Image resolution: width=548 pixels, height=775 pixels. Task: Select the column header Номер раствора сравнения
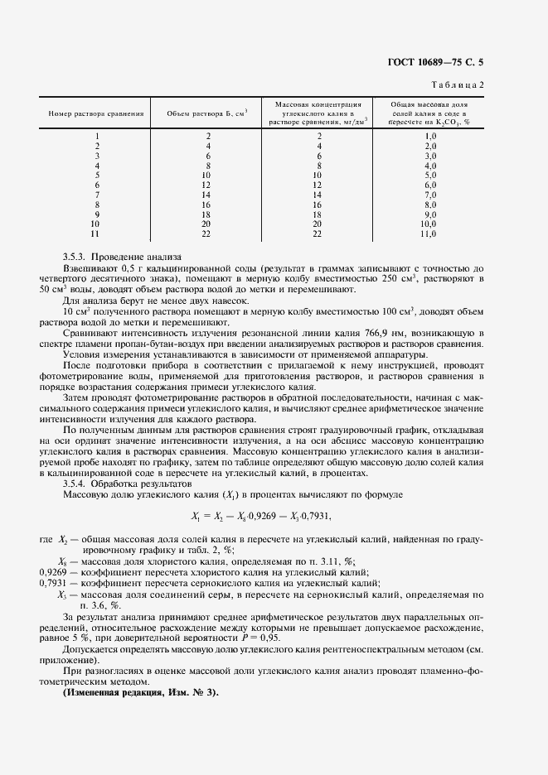(x=97, y=113)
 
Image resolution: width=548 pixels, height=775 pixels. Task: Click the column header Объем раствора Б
(x=207, y=113)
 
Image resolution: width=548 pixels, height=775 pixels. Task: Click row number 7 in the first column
(x=97, y=195)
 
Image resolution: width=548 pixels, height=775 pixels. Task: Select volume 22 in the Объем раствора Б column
(x=208, y=234)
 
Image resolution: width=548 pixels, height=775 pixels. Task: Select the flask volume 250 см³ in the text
(x=400, y=279)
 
